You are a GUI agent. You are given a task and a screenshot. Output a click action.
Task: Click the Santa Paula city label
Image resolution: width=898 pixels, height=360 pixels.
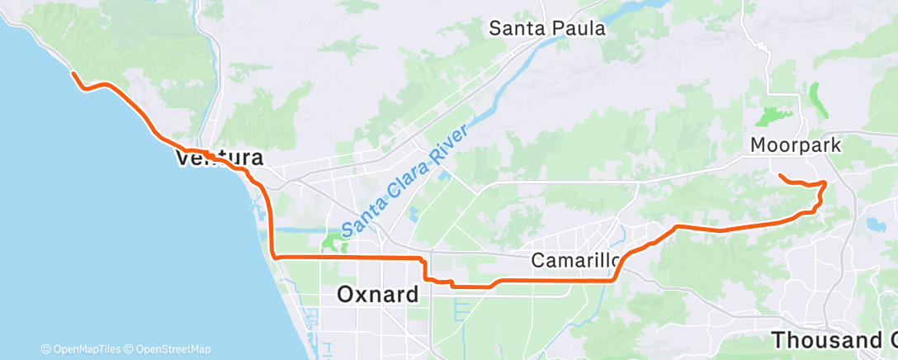click(547, 28)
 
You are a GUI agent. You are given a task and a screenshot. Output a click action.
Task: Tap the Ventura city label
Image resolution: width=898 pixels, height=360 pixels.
click(219, 158)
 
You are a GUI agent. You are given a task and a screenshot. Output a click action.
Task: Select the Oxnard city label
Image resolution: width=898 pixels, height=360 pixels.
click(378, 295)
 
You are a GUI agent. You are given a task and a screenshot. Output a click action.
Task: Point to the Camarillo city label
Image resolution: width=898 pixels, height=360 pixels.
click(576, 261)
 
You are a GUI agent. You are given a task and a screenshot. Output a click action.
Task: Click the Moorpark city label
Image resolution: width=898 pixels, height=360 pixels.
click(795, 145)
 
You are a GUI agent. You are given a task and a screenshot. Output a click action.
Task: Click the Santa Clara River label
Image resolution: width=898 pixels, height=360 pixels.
click(406, 178)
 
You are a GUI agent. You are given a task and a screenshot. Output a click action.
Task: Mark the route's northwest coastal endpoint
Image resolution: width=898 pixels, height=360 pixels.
click(73, 74)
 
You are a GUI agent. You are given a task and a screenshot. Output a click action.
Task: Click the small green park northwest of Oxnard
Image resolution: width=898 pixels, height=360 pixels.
click(333, 242)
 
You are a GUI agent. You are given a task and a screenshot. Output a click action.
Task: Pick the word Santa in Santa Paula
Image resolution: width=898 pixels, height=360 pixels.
click(517, 28)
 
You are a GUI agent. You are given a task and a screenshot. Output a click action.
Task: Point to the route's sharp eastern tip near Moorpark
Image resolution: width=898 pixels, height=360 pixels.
click(825, 182)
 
